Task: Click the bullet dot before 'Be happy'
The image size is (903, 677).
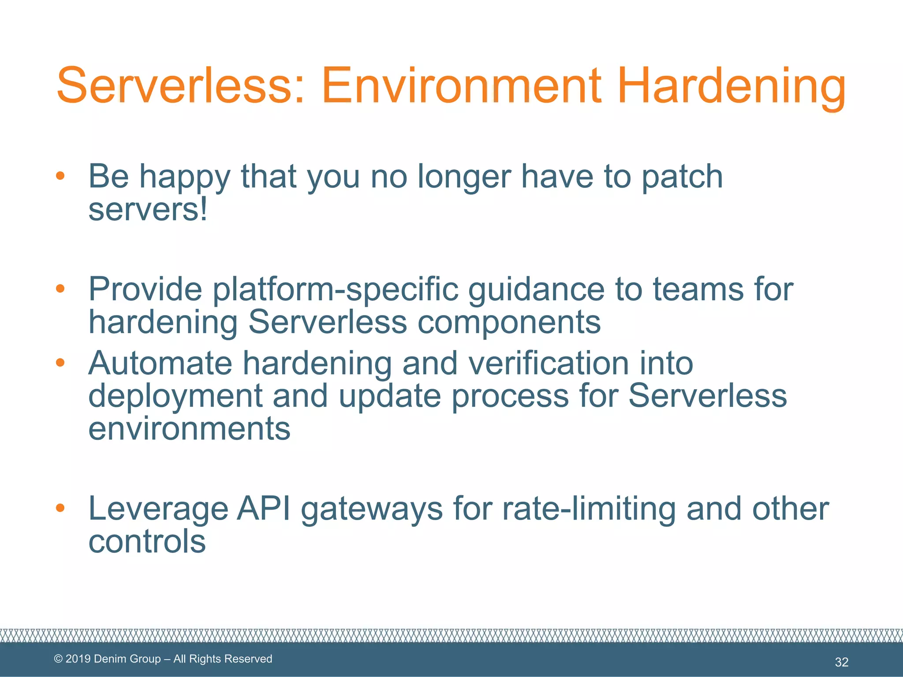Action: tap(60, 176)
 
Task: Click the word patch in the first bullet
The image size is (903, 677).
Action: tap(682, 177)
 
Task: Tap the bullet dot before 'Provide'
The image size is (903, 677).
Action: tap(60, 289)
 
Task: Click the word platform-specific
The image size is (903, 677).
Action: tap(335, 290)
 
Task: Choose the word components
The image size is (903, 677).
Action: tap(509, 322)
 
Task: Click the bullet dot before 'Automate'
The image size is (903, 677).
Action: tap(60, 363)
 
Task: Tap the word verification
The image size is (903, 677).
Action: tap(548, 364)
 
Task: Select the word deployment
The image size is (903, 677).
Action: tap(175, 396)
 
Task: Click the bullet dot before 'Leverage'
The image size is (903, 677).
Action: tap(60, 508)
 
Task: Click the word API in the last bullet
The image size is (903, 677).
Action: tap(263, 509)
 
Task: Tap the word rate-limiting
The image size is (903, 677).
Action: tap(589, 509)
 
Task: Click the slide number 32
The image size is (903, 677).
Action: tap(841, 662)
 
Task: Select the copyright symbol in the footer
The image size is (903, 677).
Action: tap(58, 659)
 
